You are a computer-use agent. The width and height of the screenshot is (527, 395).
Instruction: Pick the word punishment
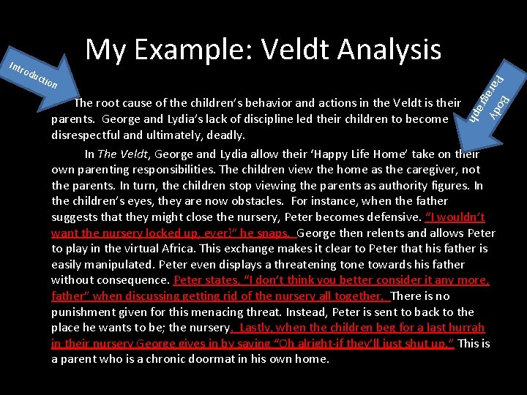88,312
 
